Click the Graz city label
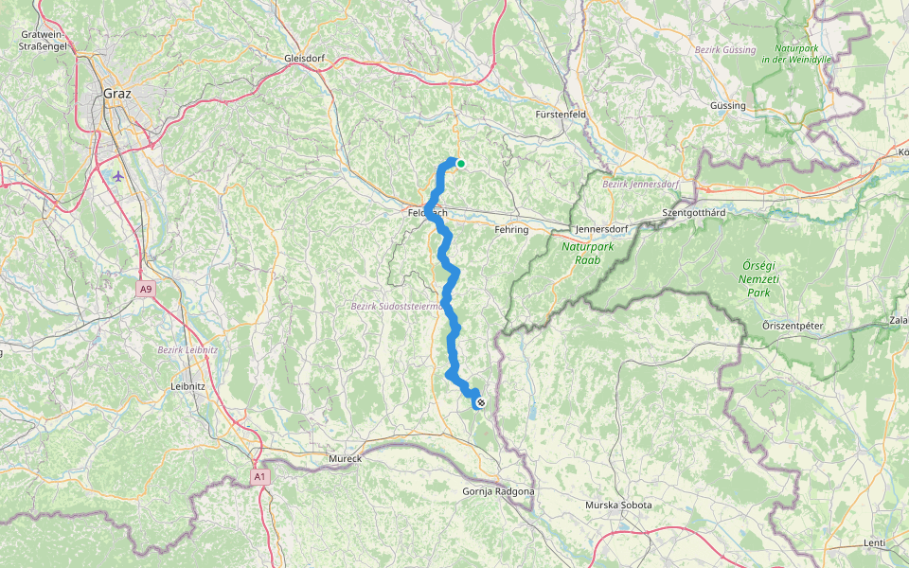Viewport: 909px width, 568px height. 116,94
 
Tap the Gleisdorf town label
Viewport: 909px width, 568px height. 304,59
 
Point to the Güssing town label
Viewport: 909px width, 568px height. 727,106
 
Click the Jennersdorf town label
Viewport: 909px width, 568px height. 605,229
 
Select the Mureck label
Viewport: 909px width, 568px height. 346,459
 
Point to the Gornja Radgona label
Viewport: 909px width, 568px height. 498,491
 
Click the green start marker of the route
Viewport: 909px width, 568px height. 461,163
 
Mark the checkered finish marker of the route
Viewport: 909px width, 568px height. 481,404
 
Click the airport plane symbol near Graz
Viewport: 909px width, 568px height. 117,176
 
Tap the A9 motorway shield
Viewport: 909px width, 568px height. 145,289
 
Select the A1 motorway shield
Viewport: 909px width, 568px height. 259,477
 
